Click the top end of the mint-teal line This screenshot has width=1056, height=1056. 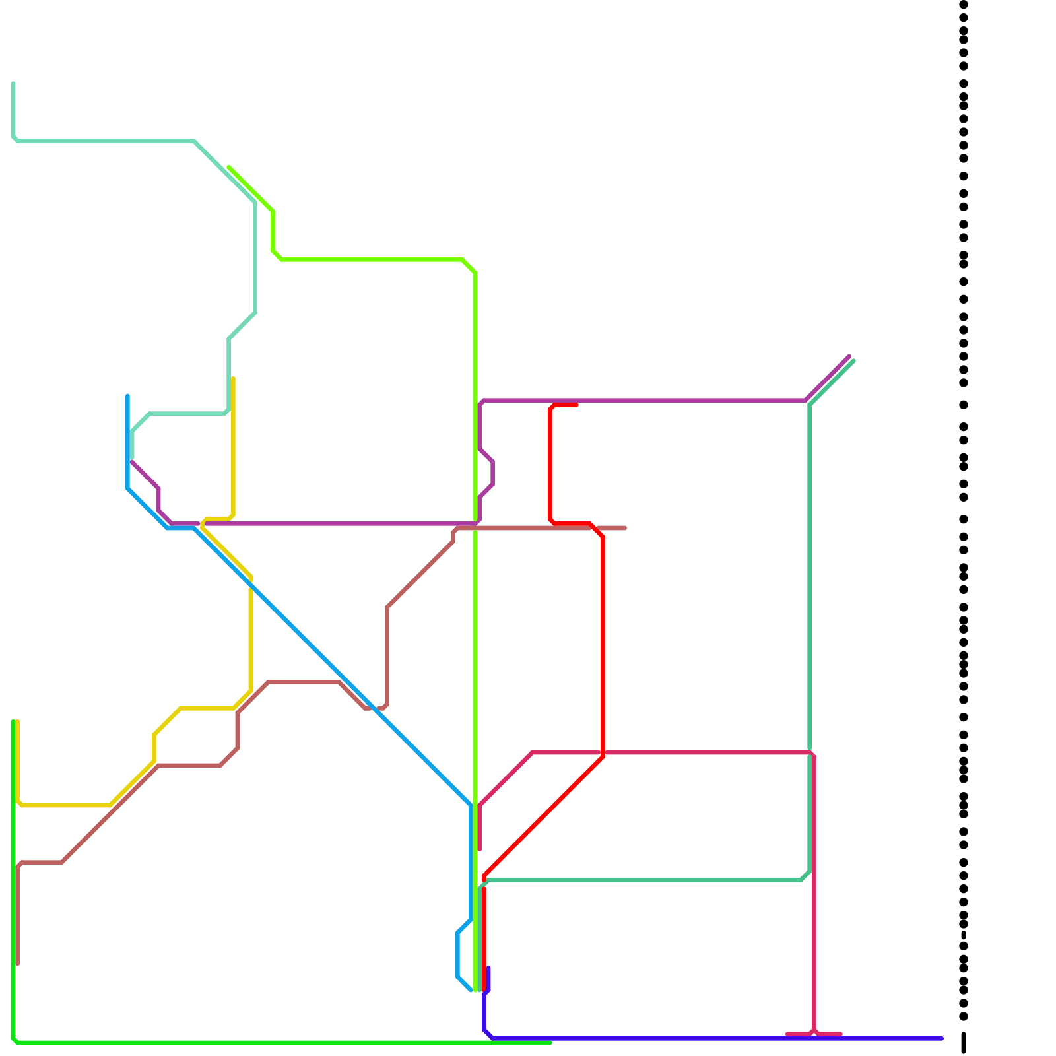(x=13, y=84)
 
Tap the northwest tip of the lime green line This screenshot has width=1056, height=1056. (x=229, y=168)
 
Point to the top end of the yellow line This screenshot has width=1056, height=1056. (x=233, y=379)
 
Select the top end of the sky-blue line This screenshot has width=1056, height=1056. (x=127, y=396)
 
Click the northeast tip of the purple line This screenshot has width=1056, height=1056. (x=849, y=356)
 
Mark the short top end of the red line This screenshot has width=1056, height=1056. (x=576, y=405)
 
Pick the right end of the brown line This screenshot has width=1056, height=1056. (x=624, y=528)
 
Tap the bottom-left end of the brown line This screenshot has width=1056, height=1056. (x=18, y=964)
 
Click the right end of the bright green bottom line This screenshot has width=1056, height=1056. (x=550, y=1043)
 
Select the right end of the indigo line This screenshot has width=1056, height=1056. (x=942, y=1038)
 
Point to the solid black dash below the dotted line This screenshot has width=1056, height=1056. (x=964, y=1043)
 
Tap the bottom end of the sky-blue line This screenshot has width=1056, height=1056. (x=471, y=990)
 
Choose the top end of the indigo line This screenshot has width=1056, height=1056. (x=488, y=968)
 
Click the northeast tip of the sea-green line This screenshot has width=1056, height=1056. (x=853, y=361)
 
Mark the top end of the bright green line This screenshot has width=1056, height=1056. (x=13, y=722)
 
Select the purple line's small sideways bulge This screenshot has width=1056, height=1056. (x=492, y=473)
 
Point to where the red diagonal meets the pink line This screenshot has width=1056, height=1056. (x=603, y=753)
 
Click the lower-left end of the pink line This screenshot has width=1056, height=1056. (x=480, y=849)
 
